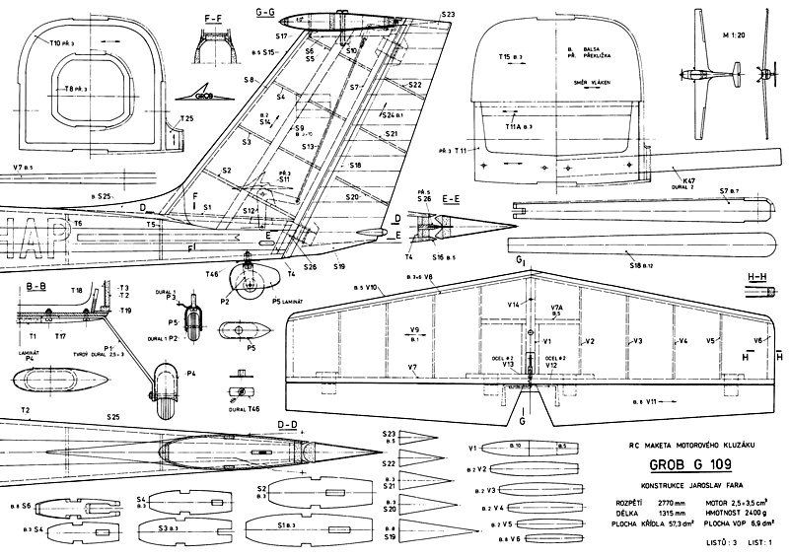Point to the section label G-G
coord(264,12)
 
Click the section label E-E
coord(453,198)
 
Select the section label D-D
coord(288,425)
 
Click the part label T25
coord(185,119)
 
